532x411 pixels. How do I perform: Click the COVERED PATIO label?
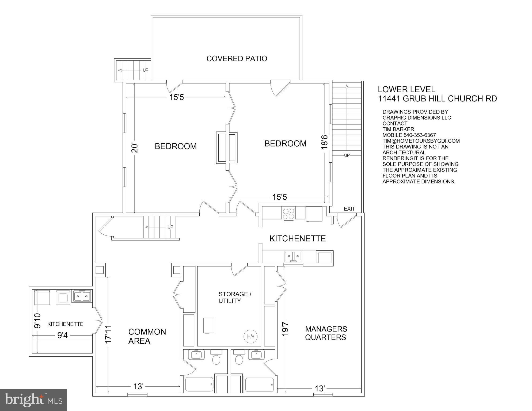click(237, 59)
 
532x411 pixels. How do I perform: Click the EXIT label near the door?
click(349, 209)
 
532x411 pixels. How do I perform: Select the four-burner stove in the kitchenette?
click(288, 214)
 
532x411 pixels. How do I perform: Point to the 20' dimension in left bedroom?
click(135, 148)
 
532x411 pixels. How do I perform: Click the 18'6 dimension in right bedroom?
click(324, 142)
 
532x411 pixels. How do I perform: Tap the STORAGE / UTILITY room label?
click(235, 297)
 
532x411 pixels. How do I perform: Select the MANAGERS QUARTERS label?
click(326, 333)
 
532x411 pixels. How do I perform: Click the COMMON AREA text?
click(147, 336)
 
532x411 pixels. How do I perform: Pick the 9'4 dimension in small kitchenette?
click(62, 335)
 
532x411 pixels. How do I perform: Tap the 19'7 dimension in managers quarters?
click(285, 329)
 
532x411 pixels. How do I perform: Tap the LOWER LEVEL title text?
click(406, 89)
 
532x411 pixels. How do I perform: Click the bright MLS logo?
click(33, 400)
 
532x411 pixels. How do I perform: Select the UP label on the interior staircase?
click(170, 227)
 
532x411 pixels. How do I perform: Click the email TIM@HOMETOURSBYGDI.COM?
click(421, 141)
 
